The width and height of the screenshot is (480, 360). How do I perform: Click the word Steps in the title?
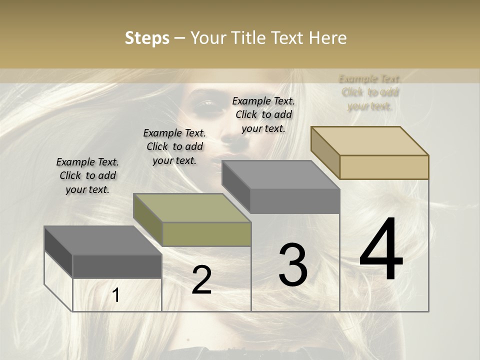click(x=147, y=38)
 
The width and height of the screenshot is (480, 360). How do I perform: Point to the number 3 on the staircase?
click(x=293, y=265)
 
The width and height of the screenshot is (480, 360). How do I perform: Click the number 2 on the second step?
click(x=201, y=280)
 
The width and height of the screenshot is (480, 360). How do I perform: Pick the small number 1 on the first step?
click(x=116, y=295)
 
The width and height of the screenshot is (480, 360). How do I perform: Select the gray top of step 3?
click(x=280, y=174)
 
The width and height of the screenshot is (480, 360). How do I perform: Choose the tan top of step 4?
click(x=369, y=140)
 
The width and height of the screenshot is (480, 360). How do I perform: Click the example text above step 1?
click(x=87, y=175)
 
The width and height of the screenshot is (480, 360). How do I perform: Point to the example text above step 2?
click(x=174, y=146)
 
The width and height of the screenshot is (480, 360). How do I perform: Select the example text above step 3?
click(x=263, y=114)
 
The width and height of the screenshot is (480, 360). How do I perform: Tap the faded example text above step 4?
click(x=370, y=92)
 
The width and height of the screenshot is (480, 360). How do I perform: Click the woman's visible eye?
click(x=205, y=104)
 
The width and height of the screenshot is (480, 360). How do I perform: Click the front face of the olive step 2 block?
click(x=206, y=234)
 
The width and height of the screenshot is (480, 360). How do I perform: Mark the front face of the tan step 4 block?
click(x=384, y=167)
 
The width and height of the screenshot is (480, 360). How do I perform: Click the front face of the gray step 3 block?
click(x=295, y=201)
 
